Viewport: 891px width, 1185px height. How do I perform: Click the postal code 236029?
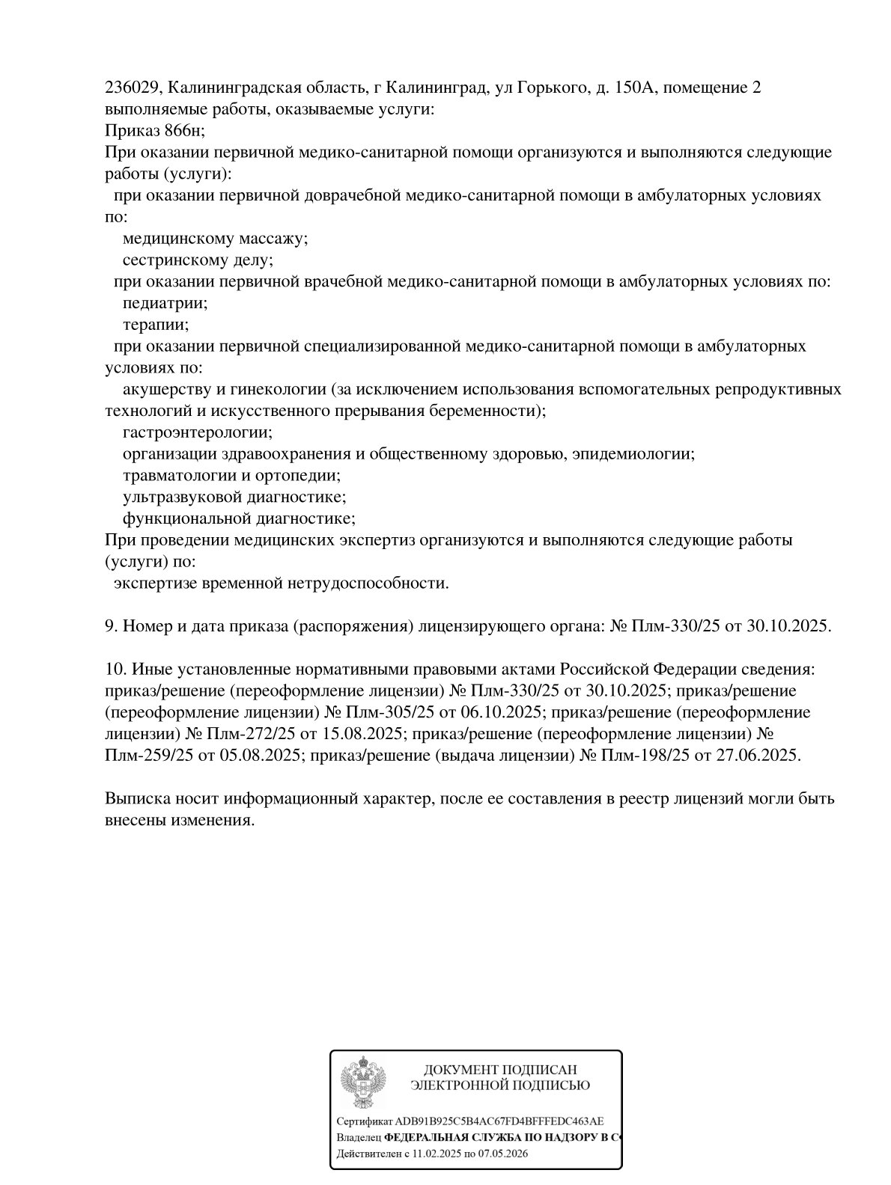tap(130, 88)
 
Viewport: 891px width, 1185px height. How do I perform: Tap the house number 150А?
tap(635, 88)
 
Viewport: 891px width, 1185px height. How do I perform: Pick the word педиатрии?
tap(165, 304)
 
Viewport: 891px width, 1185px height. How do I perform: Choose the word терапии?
tap(155, 325)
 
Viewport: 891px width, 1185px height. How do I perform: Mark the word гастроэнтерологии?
tap(197, 432)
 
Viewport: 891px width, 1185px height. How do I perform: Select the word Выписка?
tap(135, 798)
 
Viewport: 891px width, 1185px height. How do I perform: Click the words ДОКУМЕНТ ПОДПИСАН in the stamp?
tap(500, 1071)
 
